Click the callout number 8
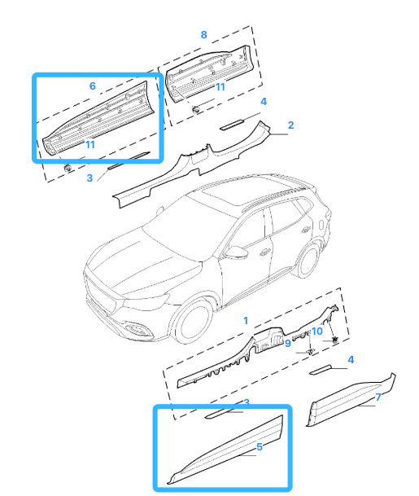(204, 34)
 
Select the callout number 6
(93, 86)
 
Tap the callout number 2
(290, 125)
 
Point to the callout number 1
(246, 320)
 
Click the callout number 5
(260, 446)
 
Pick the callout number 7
(378, 397)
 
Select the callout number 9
(287, 343)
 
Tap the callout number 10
(317, 331)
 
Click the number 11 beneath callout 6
(90, 144)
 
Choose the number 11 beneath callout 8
(220, 86)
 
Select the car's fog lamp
(137, 329)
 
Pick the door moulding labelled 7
(351, 400)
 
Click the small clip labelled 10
(334, 340)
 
